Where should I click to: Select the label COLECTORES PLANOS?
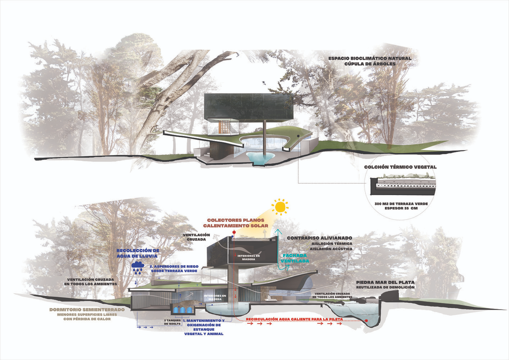tap(236, 220)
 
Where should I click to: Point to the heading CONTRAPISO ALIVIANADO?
tap(319, 238)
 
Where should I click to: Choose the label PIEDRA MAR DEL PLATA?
tap(385, 283)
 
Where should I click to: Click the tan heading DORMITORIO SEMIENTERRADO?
tap(87, 310)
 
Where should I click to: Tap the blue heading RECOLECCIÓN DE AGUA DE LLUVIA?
tap(137, 253)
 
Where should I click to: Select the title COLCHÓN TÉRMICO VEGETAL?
tap(400, 167)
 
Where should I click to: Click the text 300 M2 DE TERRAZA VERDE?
tap(401, 204)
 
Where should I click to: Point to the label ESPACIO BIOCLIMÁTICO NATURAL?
tap(370, 58)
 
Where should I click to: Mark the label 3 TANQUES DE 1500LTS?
tap(172, 322)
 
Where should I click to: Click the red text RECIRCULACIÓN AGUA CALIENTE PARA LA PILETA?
tap(294, 319)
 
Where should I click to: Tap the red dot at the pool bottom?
tap(367, 320)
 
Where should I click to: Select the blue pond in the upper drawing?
tap(260, 157)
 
